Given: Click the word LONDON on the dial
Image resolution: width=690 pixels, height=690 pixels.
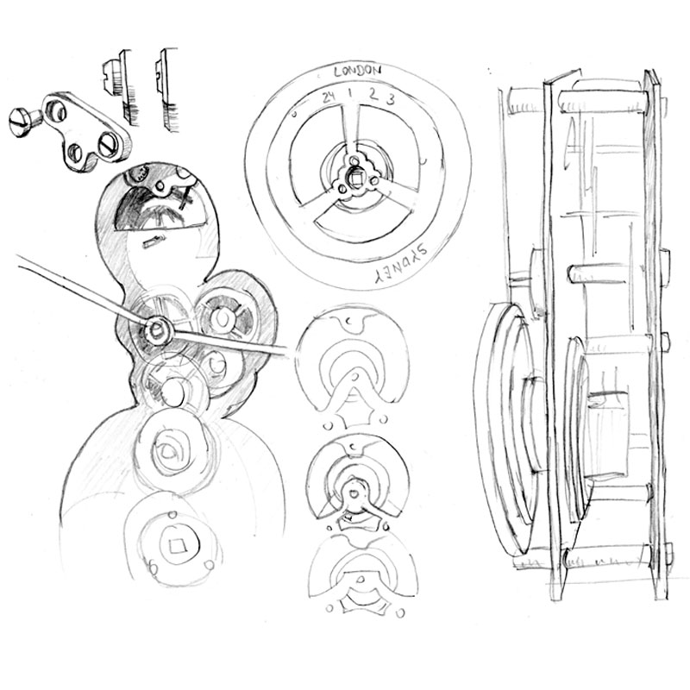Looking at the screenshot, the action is tap(357, 71).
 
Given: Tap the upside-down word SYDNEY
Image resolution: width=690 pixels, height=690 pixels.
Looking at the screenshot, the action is tap(400, 265).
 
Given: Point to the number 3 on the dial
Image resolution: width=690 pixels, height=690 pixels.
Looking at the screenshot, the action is tap(390, 99).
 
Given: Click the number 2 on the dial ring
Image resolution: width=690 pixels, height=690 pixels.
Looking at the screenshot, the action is tap(373, 94).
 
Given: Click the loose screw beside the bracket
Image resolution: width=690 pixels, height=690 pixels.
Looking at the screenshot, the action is tap(23, 122).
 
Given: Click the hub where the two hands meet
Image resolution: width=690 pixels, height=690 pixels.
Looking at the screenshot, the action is tap(156, 330).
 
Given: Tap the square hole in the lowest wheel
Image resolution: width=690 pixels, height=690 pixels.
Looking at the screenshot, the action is tap(178, 546).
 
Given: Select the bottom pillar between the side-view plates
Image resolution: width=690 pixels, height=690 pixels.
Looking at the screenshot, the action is tap(606, 557).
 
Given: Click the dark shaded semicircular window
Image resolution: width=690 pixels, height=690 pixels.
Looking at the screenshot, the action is tap(159, 208).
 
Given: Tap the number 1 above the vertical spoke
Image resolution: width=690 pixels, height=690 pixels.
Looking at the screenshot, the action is tap(351, 93).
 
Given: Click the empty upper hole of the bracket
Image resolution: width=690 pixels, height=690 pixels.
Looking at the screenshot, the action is tap(55, 110).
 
